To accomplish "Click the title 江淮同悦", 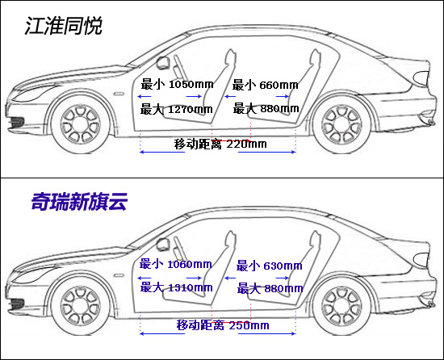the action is pos(64,26).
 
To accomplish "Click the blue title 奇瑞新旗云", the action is pos(79,202).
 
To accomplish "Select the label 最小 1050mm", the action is pos(178,84).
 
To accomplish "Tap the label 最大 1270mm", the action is pos(177,109).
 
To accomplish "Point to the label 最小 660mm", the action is pos(266,85).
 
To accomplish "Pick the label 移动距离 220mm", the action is pos(220,144).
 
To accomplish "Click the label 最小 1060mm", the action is pos(175,264).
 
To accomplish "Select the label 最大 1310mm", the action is pos(177,287).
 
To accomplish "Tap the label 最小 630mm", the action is pos(270,266).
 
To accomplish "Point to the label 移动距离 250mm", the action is pos(223,325).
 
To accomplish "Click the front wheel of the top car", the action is pos(81,124).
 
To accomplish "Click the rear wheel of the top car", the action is pos(341,124).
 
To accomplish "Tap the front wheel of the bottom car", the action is pos(81,306).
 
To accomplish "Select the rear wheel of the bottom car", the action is pos(341,306).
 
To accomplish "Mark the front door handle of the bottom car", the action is pos(119,275).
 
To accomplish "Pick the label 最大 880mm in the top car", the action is pos(266,108).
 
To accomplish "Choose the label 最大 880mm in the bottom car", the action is pos(270,289).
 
